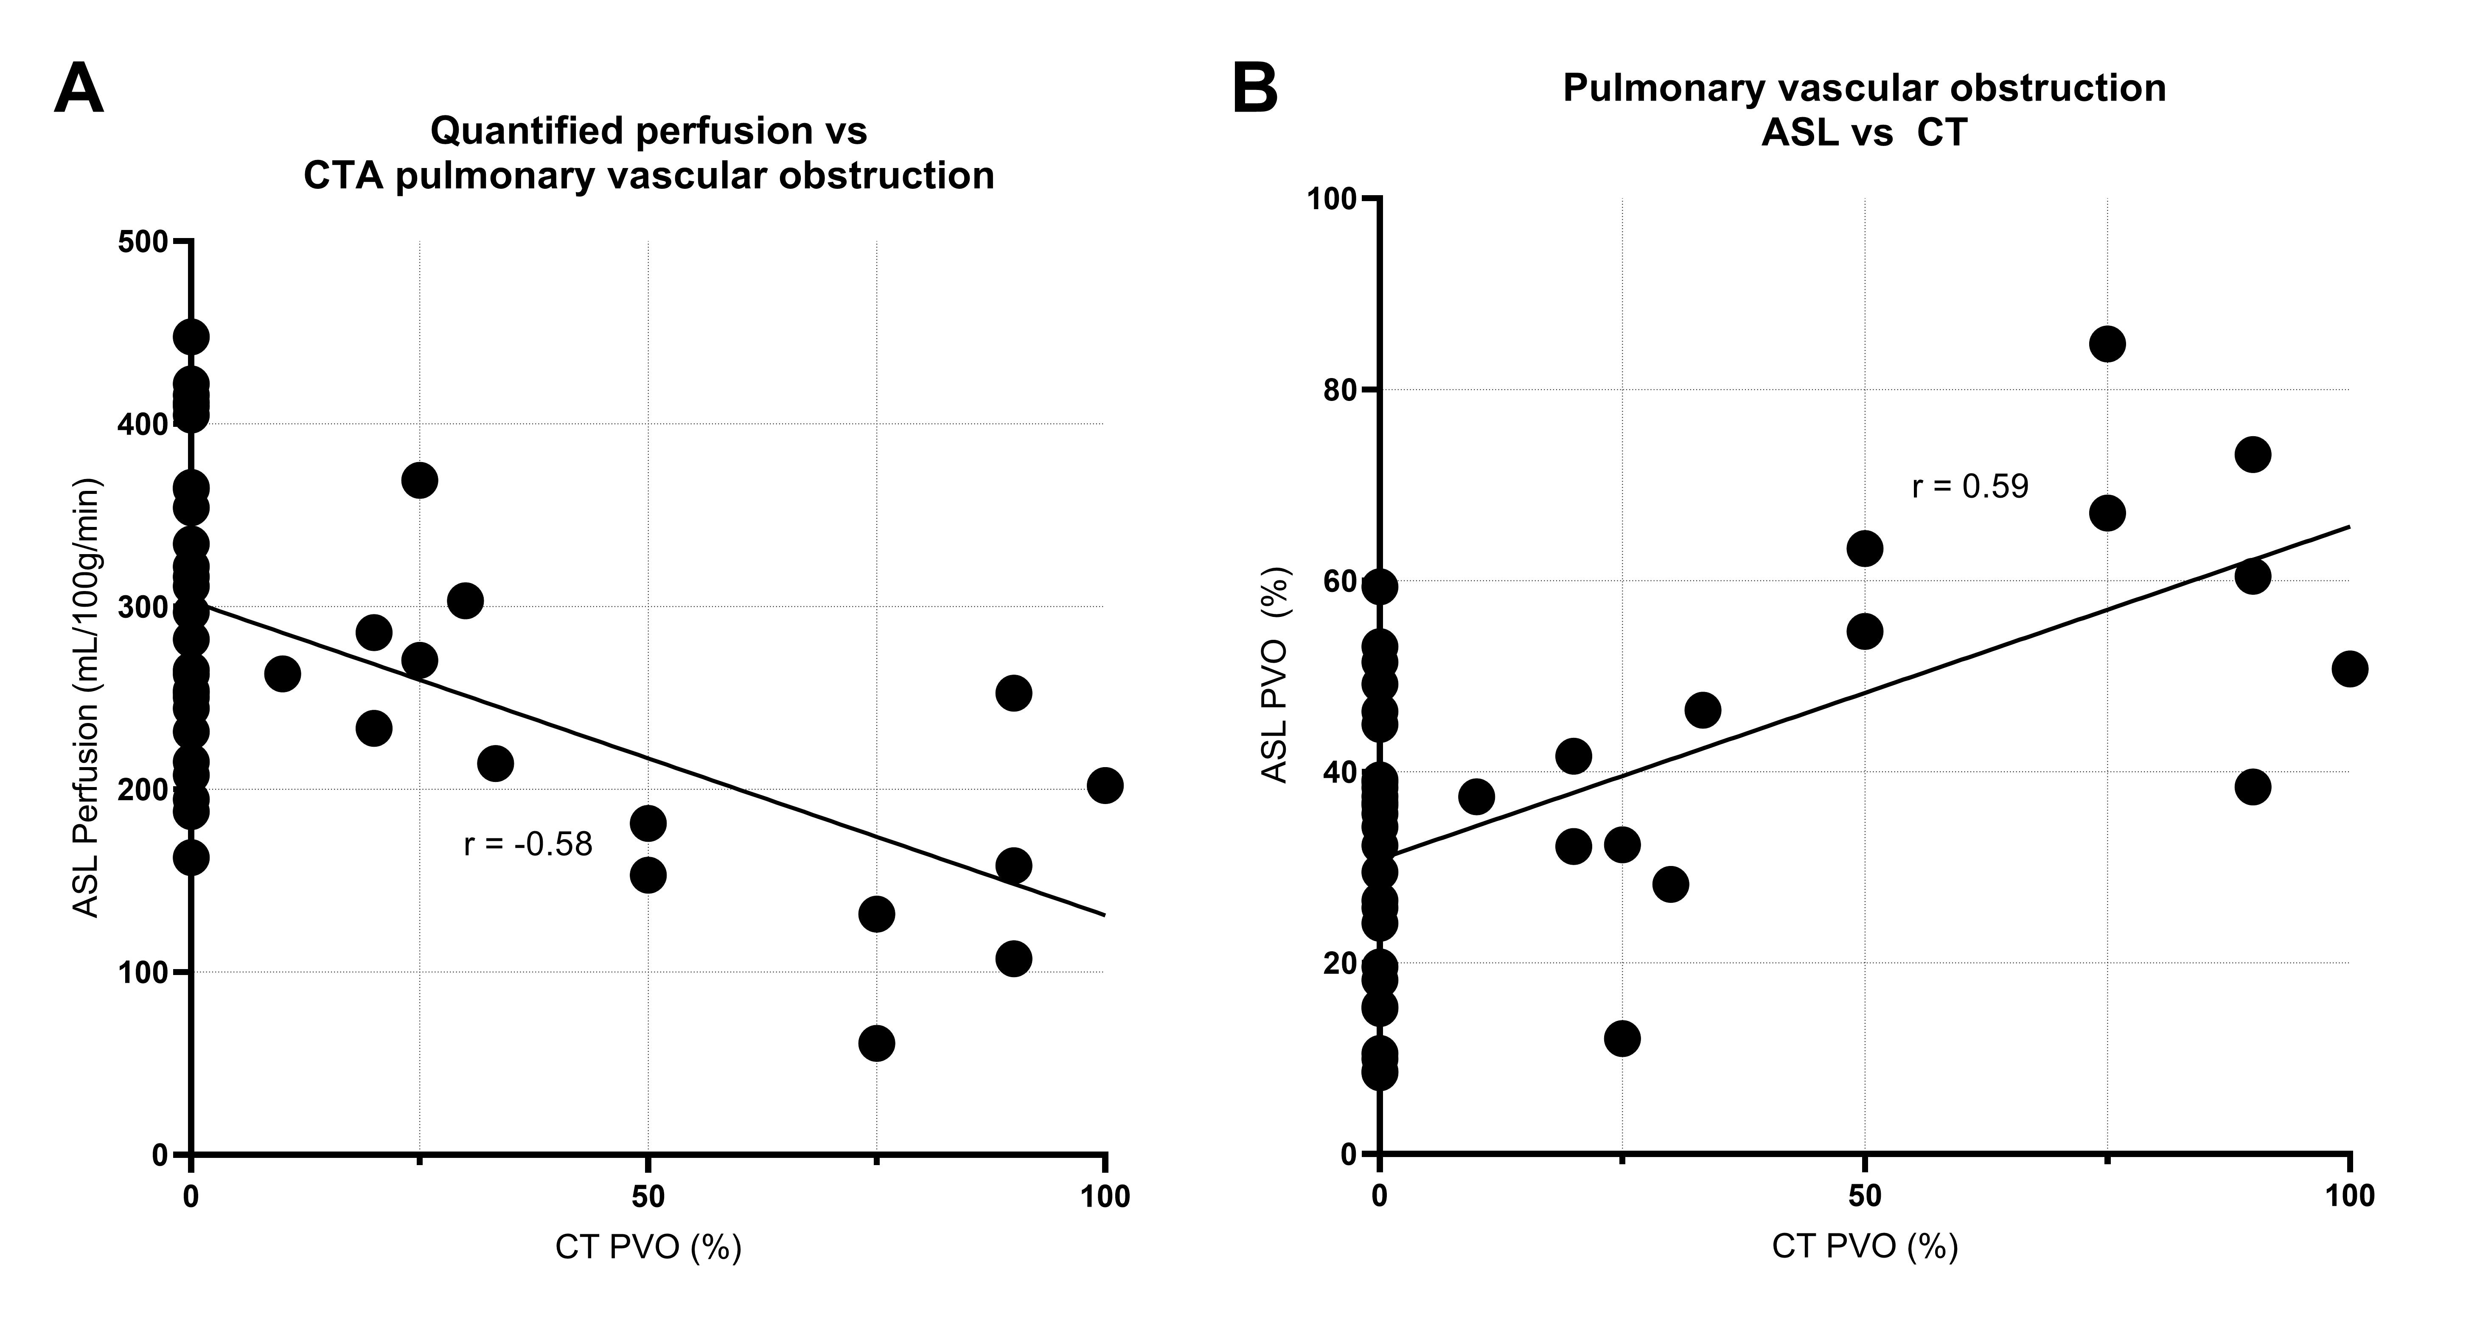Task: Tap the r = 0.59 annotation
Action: point(1970,487)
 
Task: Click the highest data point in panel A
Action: point(191,337)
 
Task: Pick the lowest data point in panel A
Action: point(876,1043)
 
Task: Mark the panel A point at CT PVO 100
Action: point(1104,785)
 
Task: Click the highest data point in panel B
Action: point(2107,344)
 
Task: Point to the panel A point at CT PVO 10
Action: point(282,674)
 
